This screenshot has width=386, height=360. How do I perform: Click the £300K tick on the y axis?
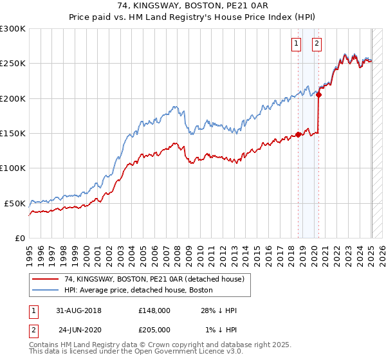click(13, 29)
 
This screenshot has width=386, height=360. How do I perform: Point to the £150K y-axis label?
click(13, 133)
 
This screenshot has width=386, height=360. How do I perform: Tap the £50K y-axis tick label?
click(15, 203)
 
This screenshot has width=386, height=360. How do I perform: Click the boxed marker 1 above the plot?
click(296, 44)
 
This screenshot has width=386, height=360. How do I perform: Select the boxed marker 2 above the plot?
click(318, 44)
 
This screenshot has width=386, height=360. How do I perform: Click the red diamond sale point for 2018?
click(299, 135)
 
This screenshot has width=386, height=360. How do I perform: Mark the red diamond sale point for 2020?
click(319, 95)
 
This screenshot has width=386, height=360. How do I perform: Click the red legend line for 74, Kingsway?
click(46, 280)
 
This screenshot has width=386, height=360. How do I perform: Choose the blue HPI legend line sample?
click(46, 291)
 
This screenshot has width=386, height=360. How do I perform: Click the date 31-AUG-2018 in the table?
click(79, 310)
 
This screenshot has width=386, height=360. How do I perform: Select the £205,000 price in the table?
click(154, 329)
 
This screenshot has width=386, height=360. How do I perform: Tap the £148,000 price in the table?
click(154, 310)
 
